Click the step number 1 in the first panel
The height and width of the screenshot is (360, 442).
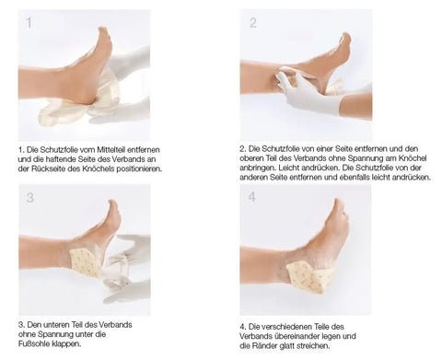(29, 23)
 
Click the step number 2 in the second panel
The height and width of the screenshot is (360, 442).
(252, 23)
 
